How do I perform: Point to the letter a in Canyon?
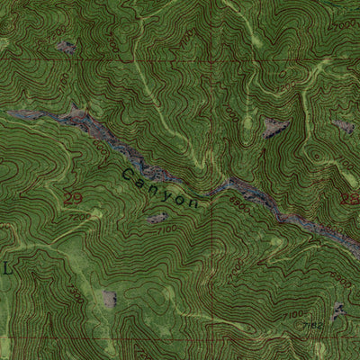point(142,179)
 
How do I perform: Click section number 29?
point(73,197)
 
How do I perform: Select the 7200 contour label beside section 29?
point(78,216)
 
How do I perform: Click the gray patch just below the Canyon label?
point(157,218)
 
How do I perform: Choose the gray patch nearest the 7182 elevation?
point(337,311)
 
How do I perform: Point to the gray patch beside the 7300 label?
point(110,299)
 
